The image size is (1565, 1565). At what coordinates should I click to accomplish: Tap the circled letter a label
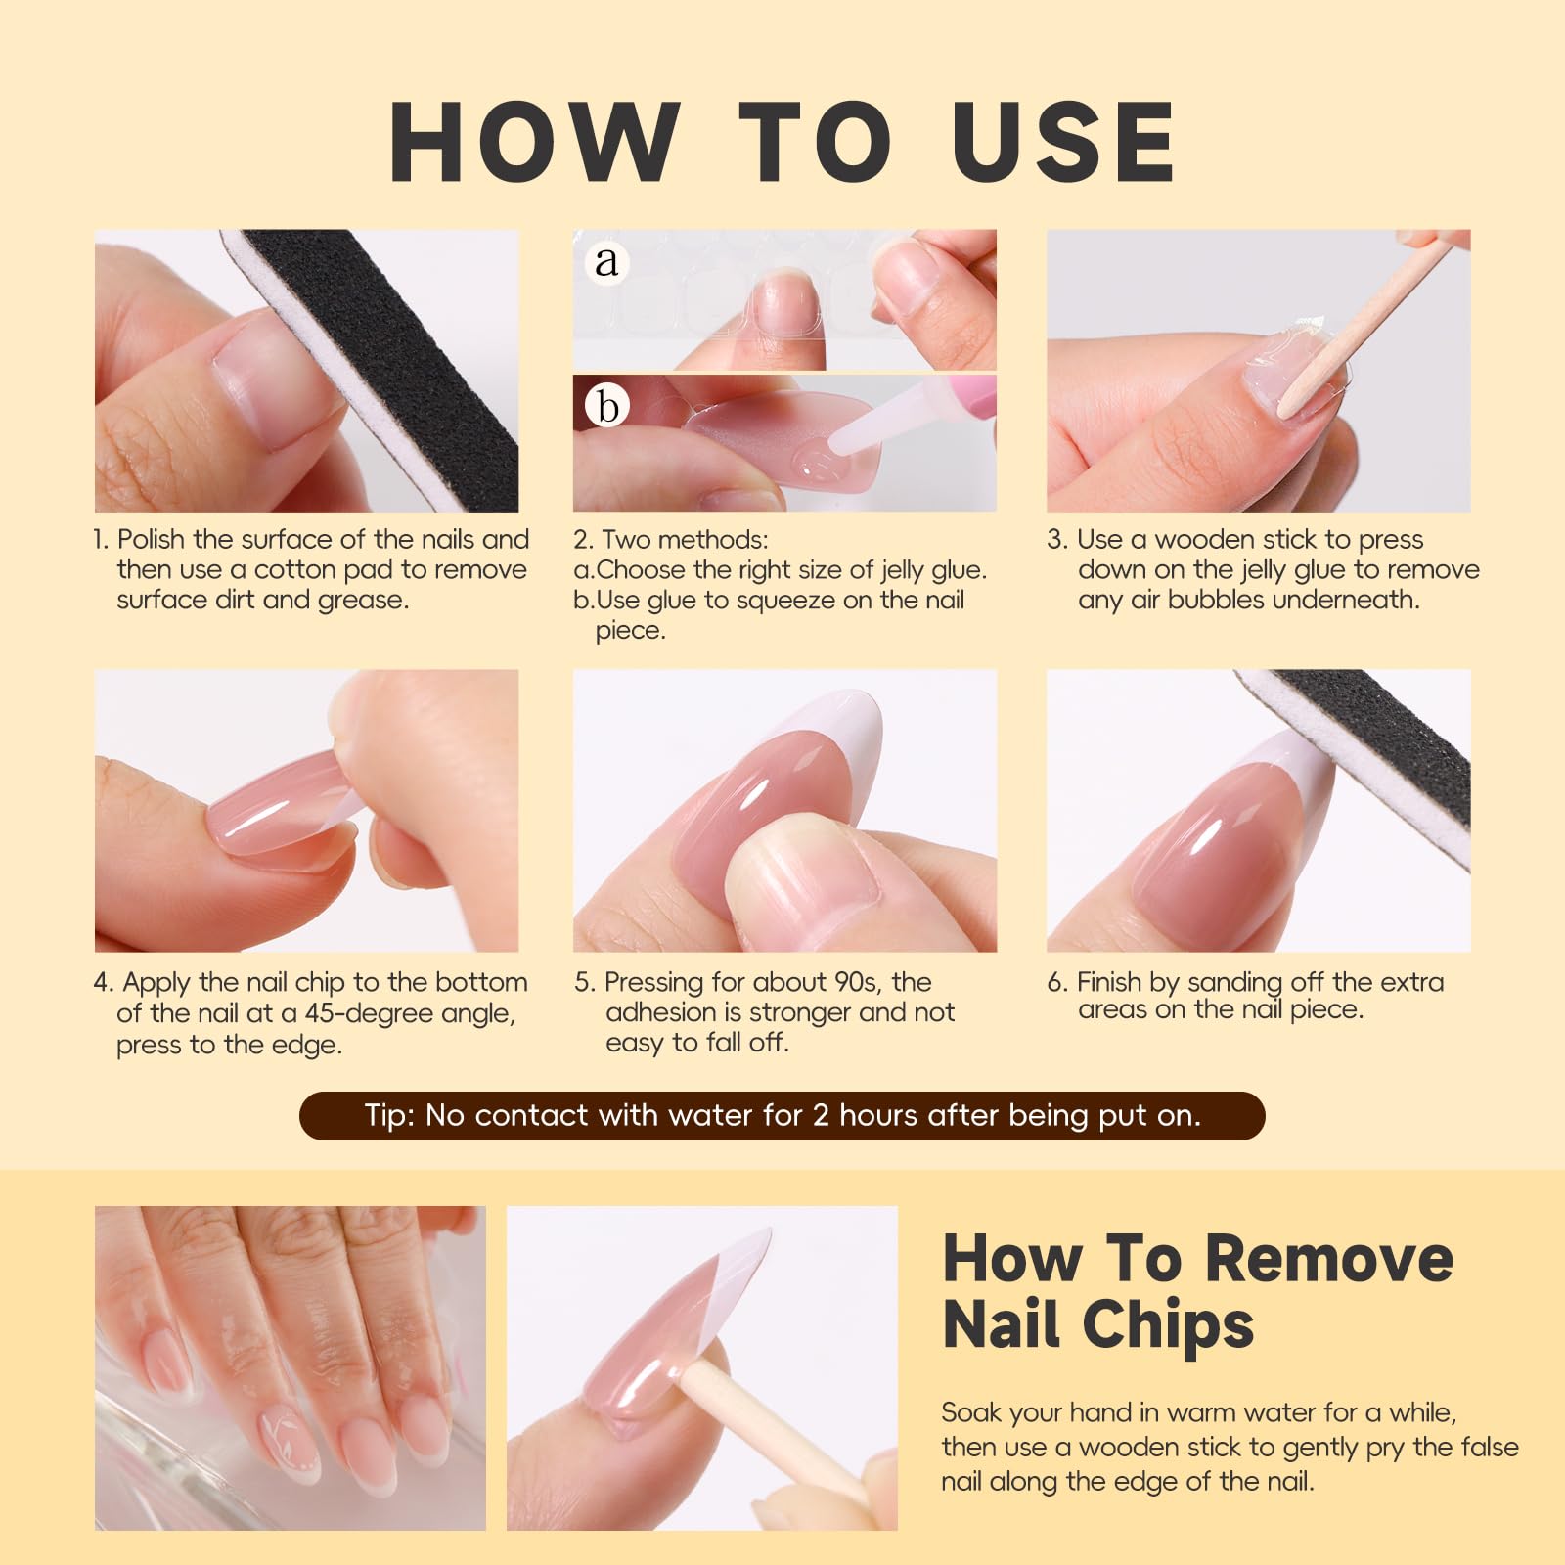pyautogui.click(x=607, y=261)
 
